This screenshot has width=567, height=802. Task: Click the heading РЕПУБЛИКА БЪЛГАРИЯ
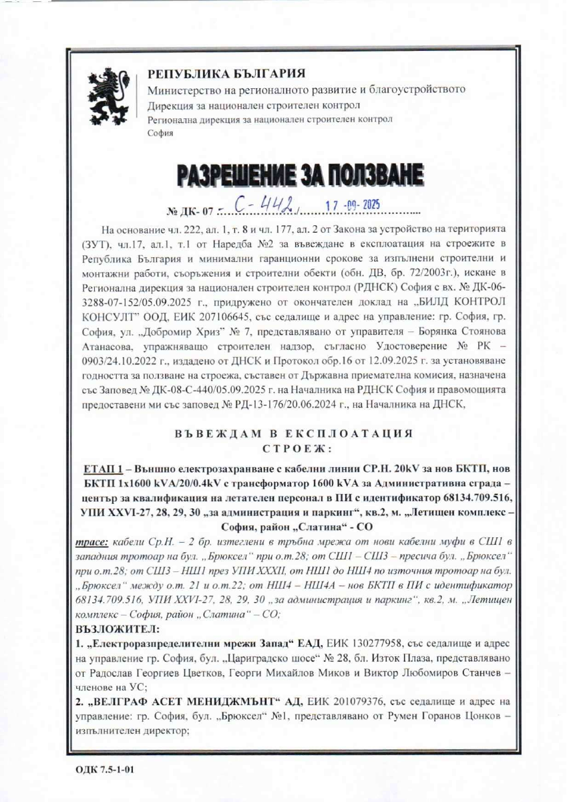[x=226, y=74]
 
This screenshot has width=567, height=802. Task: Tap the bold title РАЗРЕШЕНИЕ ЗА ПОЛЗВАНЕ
[x=300, y=176]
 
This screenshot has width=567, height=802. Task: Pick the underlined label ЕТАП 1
[x=100, y=464]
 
